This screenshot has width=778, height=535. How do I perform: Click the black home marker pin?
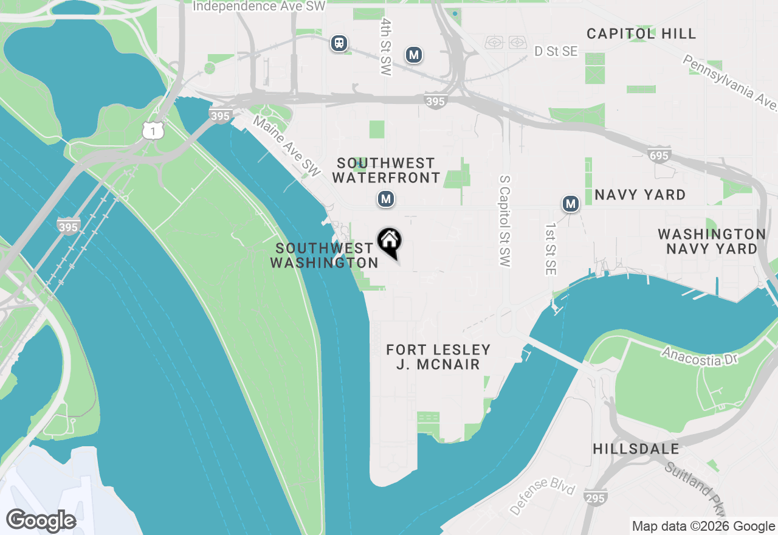point(390,241)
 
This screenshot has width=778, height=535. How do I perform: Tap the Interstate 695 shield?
point(658,156)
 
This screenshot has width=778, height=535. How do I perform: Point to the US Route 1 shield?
point(154,130)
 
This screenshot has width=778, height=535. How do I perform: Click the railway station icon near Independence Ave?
point(339,43)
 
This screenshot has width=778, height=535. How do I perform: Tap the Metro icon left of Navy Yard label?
point(570,204)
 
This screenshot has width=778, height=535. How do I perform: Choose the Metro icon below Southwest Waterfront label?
point(385,199)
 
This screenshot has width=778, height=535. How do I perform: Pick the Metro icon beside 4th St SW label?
point(414,55)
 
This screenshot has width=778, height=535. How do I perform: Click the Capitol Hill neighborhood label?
point(641,33)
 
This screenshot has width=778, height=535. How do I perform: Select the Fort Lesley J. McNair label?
point(438,357)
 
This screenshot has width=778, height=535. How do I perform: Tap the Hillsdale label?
point(636,449)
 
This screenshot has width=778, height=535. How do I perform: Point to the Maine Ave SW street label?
point(286,147)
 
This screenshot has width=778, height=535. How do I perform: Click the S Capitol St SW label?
point(504,222)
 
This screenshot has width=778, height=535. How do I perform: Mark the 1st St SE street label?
point(551,249)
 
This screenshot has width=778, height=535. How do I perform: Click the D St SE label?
point(556,52)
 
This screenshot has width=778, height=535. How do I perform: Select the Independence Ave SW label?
point(259,7)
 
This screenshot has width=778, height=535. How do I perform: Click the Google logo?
point(41,520)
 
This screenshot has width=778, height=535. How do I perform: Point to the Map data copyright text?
point(703,526)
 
